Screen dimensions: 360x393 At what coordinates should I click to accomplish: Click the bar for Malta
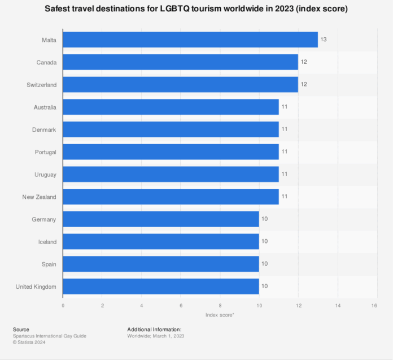click(190, 40)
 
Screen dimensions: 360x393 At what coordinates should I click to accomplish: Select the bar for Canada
click(180, 62)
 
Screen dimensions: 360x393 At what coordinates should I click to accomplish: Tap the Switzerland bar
click(180, 84)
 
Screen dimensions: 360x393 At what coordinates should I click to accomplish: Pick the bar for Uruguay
click(171, 174)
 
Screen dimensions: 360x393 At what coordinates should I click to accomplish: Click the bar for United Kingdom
click(160, 287)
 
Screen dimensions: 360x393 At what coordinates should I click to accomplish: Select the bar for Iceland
click(160, 241)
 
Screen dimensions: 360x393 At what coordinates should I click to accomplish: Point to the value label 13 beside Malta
click(324, 40)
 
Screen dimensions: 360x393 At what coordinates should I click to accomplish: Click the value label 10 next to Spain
click(264, 264)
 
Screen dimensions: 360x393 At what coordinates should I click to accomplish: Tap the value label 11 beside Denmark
click(284, 129)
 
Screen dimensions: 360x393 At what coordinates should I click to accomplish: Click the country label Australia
click(45, 107)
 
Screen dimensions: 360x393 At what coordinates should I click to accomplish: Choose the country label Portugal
click(45, 152)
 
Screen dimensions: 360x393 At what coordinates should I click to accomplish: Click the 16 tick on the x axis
click(374, 305)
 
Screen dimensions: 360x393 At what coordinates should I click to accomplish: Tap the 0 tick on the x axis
click(63, 305)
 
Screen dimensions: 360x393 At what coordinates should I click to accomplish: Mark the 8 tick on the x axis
click(220, 305)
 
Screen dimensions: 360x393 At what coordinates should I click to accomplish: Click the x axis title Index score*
click(220, 315)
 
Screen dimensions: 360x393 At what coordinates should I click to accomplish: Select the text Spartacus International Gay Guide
click(50, 336)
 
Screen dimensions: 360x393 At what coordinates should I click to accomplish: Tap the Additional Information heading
click(154, 329)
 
